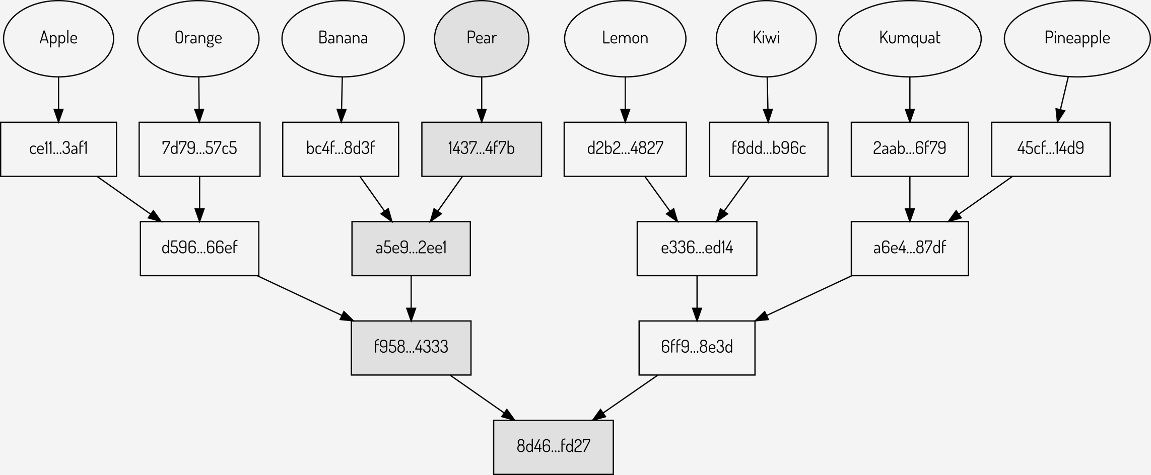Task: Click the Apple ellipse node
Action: tap(58, 38)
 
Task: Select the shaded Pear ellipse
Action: tap(482, 38)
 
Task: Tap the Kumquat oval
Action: tap(909, 38)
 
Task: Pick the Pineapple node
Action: tap(1077, 38)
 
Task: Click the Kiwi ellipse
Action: tap(766, 38)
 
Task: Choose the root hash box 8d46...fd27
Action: tap(553, 447)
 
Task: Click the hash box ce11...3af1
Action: tap(58, 149)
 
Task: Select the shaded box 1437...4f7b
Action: tap(482, 149)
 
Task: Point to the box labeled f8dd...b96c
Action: tap(768, 149)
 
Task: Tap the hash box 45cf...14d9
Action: tap(1050, 149)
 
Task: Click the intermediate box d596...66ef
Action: tap(199, 248)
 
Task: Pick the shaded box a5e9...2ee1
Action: tap(411, 248)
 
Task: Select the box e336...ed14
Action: tap(697, 248)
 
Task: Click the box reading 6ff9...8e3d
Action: tap(697, 348)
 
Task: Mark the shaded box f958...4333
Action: tap(411, 348)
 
